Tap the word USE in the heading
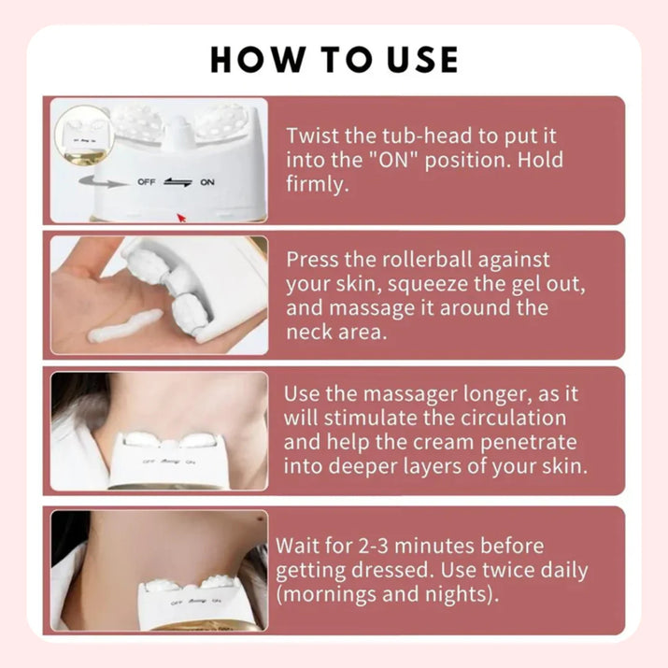(423, 59)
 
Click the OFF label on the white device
(146, 181)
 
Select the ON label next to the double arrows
(207, 182)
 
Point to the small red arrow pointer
(182, 218)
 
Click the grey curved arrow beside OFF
(104, 181)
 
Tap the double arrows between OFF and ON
(178, 182)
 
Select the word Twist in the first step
(313, 135)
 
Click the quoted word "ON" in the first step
(393, 160)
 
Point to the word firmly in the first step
(318, 184)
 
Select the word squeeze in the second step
(427, 285)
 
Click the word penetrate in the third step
(528, 442)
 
